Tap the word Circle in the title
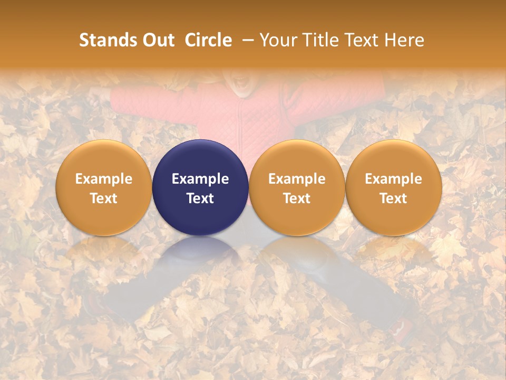coord(208,40)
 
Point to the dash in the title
coord(246,40)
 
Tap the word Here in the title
coord(405,40)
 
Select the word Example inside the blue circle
coord(200,179)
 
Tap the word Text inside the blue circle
coord(200,198)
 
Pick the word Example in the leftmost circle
coord(103,179)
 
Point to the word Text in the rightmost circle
coord(394,198)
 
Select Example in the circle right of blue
coord(297,179)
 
